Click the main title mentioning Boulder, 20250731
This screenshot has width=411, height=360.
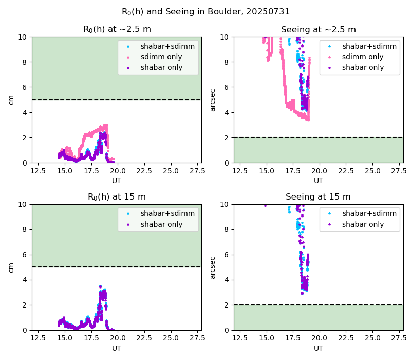[x=206, y=12]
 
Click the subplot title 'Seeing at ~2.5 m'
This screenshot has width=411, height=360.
[x=319, y=29]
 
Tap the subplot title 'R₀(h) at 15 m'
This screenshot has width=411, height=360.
[x=117, y=197]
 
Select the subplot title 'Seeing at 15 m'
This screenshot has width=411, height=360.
[x=318, y=196]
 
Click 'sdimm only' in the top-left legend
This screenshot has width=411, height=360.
[x=161, y=57]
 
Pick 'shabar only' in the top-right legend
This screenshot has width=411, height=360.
[x=363, y=67]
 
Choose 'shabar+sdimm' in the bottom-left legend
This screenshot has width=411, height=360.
[x=167, y=213]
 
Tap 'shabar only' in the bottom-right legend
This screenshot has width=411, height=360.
[x=363, y=224]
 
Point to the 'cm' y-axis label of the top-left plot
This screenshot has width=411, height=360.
[x=11, y=100]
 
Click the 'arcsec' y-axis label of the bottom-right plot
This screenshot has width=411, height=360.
[x=213, y=267]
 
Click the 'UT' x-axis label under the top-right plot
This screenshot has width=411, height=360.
[x=319, y=181]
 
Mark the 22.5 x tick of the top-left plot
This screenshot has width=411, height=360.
[x=144, y=171]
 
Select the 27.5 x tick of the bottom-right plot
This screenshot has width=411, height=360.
[x=399, y=338]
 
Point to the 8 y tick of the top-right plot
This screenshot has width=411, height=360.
[x=227, y=62]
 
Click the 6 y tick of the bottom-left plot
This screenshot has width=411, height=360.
[x=25, y=255]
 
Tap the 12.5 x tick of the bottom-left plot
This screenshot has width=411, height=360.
[x=38, y=338]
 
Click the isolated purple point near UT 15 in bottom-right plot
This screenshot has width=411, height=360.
[x=265, y=206]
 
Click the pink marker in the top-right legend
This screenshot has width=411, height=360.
[x=329, y=57]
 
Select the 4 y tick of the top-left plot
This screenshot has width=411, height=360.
[x=25, y=113]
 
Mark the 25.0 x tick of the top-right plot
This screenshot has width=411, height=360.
[x=372, y=171]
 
